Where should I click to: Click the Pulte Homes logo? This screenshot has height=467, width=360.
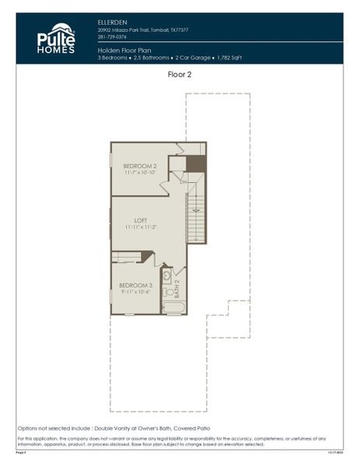click(55, 39)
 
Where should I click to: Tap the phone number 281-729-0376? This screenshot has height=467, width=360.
click(114, 37)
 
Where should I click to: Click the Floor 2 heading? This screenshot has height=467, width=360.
click(180, 74)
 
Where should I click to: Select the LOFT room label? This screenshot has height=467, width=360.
click(141, 219)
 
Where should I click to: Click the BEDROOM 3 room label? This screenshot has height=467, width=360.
click(135, 286)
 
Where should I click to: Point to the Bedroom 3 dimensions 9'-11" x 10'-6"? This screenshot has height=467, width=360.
click(135, 293)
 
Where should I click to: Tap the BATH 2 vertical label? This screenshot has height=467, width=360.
click(177, 290)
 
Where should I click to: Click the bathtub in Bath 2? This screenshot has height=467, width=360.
click(173, 307)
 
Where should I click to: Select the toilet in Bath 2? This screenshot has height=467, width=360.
click(168, 290)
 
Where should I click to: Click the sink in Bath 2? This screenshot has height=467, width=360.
click(167, 276)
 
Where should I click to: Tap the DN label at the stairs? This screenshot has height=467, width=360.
click(183, 181)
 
